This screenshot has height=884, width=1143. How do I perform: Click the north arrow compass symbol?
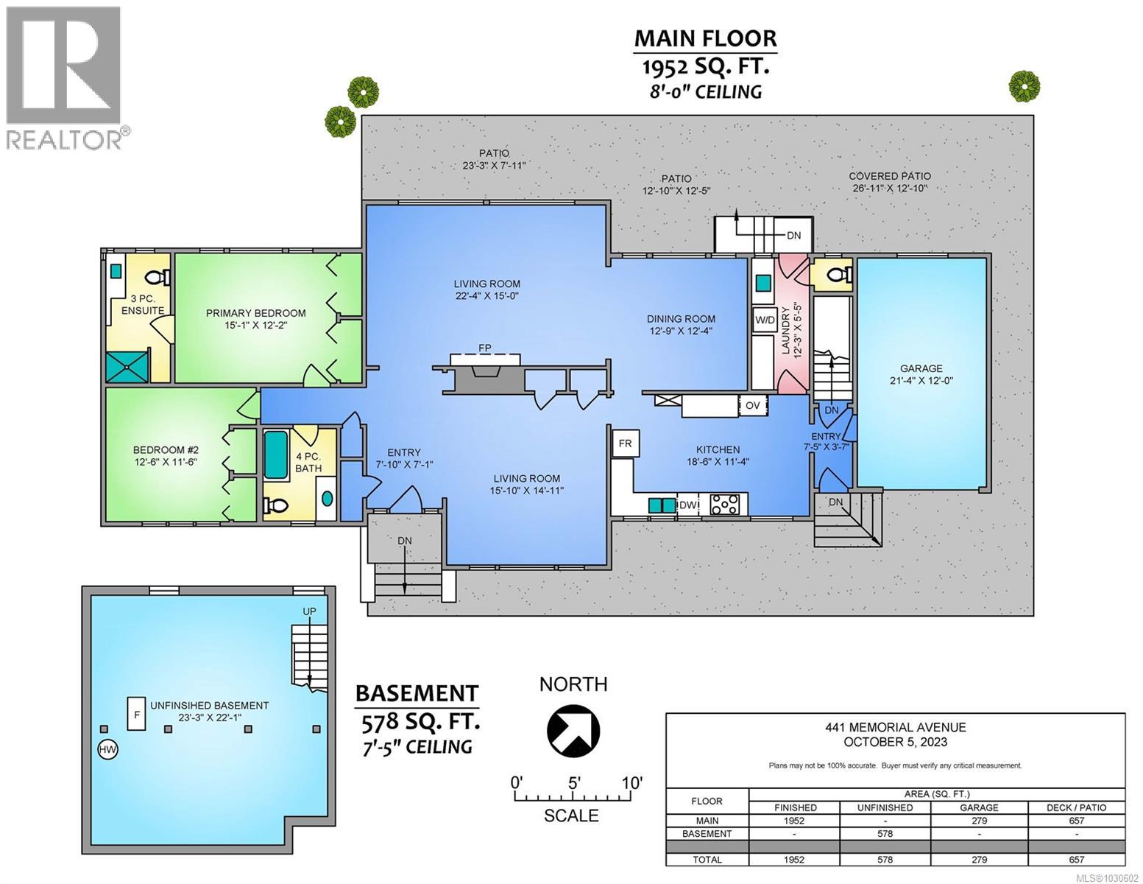click(573, 731)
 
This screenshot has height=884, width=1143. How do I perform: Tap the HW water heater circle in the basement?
click(108, 749)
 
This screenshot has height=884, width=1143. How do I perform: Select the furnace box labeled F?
click(137, 714)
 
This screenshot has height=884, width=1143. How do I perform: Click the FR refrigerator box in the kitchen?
click(626, 443)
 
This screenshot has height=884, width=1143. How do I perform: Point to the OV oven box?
click(753, 405)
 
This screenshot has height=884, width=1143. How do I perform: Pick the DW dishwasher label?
click(687, 505)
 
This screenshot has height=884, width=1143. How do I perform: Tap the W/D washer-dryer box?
click(765, 320)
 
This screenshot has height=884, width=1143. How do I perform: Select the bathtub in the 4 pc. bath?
click(275, 455)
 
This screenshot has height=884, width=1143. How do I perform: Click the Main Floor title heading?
click(705, 39)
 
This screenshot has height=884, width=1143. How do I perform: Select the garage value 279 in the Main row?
click(979, 821)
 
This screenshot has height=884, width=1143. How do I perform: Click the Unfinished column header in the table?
click(885, 807)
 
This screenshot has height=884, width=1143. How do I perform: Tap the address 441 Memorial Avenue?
click(895, 727)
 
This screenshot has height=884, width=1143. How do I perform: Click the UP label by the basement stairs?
click(309, 611)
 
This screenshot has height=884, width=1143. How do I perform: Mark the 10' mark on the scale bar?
click(632, 783)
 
